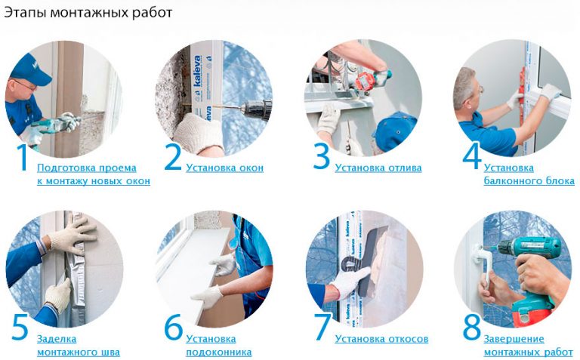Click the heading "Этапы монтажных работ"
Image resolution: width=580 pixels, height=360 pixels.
click(88, 13)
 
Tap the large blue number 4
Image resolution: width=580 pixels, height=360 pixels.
click(471, 157)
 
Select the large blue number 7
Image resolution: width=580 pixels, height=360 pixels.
click(322, 327)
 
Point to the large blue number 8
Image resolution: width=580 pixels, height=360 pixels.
click(471, 327)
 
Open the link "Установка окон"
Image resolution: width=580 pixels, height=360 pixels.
click(224, 168)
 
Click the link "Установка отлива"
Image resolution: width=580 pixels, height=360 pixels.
click(378, 168)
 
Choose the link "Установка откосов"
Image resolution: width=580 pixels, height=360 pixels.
click(381, 339)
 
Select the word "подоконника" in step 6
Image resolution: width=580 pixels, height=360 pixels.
click(218, 352)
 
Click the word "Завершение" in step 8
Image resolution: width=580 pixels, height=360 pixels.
click(514, 339)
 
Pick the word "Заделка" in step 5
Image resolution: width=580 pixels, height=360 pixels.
click(57, 339)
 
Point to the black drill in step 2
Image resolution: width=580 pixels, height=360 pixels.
click(256, 108)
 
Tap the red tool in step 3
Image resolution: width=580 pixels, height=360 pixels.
click(364, 82)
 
